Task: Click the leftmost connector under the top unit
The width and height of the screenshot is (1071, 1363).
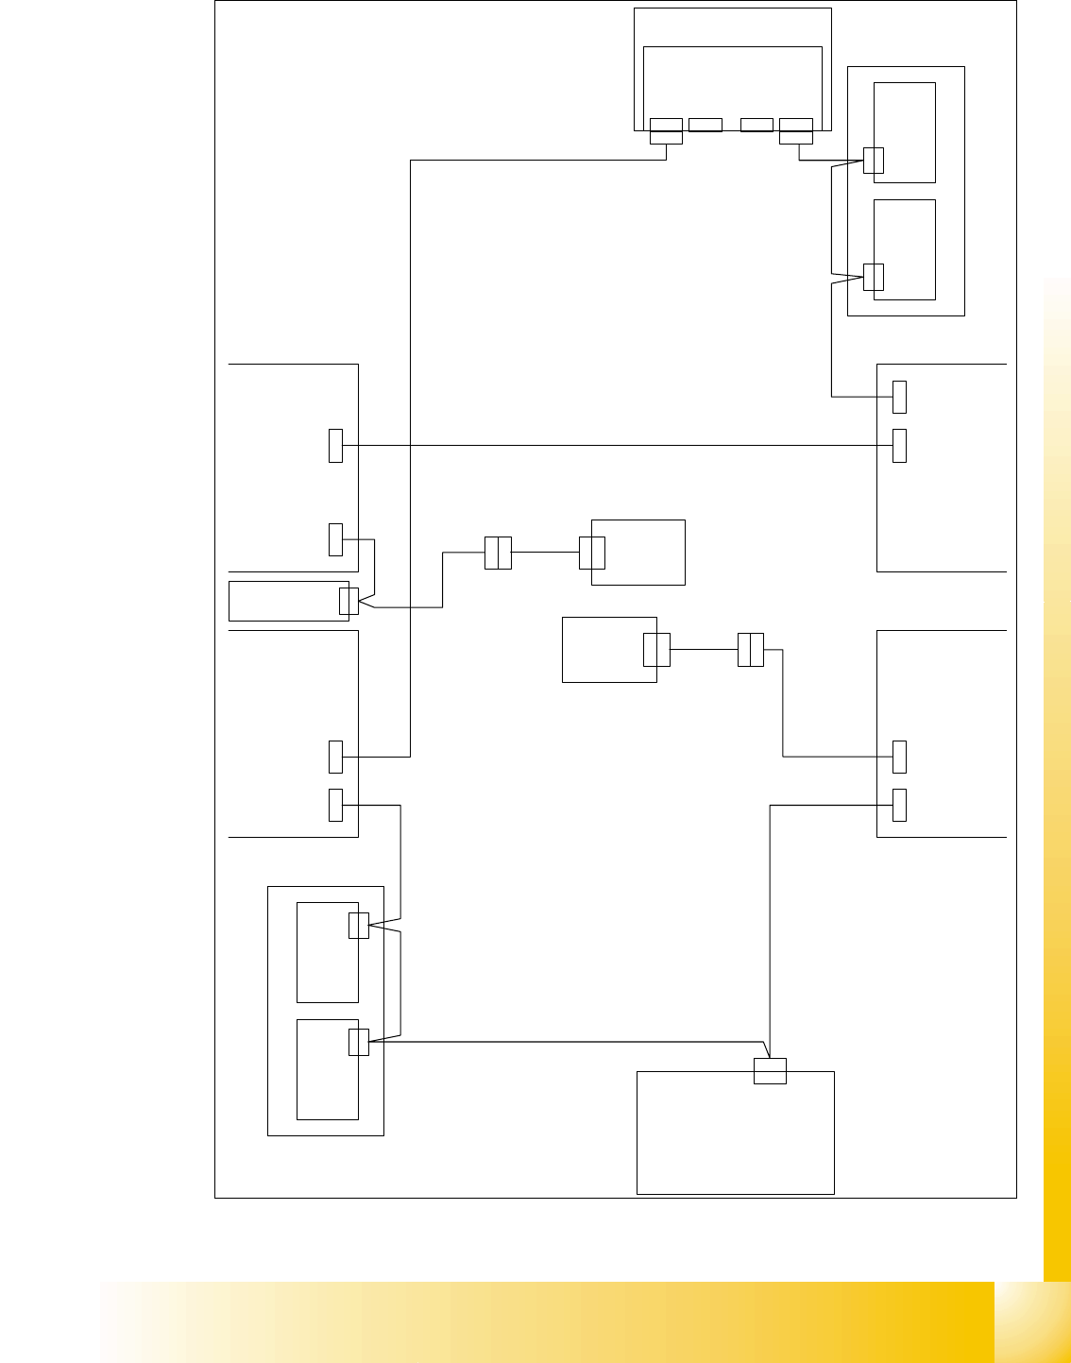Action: tap(666, 131)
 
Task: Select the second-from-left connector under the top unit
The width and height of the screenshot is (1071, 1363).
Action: tap(705, 125)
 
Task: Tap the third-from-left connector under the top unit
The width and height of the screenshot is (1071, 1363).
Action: tap(756, 125)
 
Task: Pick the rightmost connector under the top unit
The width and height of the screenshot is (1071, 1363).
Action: tap(796, 131)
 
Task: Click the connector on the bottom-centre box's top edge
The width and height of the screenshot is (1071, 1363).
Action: tap(770, 1071)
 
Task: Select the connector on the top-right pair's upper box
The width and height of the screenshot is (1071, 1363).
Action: tap(874, 161)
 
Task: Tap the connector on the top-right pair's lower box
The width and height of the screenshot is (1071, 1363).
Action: tap(874, 277)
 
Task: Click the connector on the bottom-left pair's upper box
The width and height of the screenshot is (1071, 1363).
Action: tap(358, 926)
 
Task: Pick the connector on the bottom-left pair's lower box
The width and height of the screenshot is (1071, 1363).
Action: tap(358, 1042)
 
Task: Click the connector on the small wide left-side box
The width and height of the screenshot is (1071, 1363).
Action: tap(348, 601)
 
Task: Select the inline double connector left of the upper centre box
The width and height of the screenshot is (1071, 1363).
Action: tap(498, 553)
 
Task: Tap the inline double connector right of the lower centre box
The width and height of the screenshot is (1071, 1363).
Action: tap(750, 650)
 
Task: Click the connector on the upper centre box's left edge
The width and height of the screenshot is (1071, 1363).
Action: tap(592, 553)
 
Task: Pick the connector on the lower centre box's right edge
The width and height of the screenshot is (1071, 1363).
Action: tap(656, 650)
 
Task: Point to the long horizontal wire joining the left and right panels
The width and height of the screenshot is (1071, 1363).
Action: tap(614, 445)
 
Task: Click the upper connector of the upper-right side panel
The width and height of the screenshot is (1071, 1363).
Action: tap(900, 397)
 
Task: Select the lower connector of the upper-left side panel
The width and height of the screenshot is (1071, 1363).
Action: tap(335, 539)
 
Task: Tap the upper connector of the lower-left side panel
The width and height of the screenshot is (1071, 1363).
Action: tap(335, 757)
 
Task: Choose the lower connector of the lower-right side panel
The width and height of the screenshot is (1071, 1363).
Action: tap(900, 805)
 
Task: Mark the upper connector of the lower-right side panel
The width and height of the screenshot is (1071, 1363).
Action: tap(900, 757)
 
